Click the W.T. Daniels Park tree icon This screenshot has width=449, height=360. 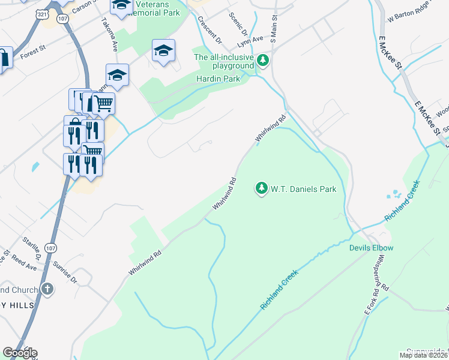[261, 188]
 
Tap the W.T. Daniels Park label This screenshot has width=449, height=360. [303, 189]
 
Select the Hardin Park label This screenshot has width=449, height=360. [218, 79]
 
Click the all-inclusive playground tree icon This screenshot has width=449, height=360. [262, 60]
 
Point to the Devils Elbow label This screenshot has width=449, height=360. [371, 248]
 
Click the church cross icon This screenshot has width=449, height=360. [47, 290]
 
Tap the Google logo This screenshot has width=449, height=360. [19, 353]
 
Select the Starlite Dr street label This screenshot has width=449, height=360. [31, 249]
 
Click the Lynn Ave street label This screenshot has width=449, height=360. [250, 39]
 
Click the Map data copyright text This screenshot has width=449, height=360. [424, 355]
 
